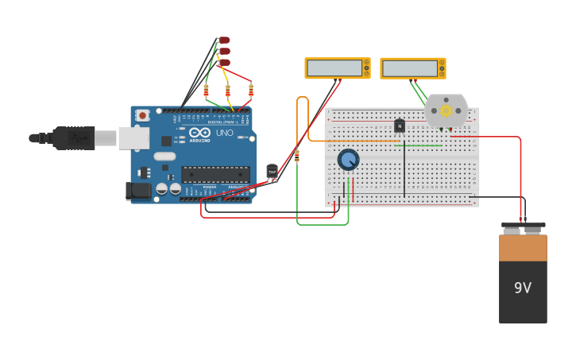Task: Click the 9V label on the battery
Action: click(x=522, y=288)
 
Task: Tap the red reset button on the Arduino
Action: click(x=142, y=115)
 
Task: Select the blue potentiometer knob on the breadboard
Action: click(x=348, y=160)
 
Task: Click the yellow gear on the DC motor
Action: click(x=446, y=110)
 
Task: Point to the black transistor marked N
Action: click(x=399, y=125)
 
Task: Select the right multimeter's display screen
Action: click(x=409, y=68)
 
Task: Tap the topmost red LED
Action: click(x=224, y=40)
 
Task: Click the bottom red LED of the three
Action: click(x=224, y=63)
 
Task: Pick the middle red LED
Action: click(x=224, y=51)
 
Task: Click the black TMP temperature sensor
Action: click(x=273, y=172)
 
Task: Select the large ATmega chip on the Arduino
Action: click(x=215, y=174)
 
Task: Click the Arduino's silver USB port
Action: click(x=133, y=138)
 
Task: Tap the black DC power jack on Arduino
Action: click(x=138, y=190)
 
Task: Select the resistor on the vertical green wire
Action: click(x=297, y=156)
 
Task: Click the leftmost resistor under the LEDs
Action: click(x=207, y=91)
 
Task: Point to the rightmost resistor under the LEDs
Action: click(x=251, y=91)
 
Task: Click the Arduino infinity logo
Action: click(x=199, y=132)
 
